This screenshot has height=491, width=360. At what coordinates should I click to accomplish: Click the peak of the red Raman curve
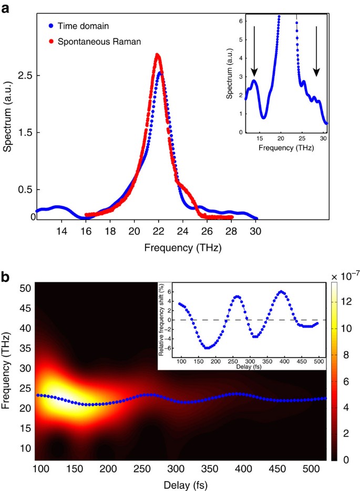157,55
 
